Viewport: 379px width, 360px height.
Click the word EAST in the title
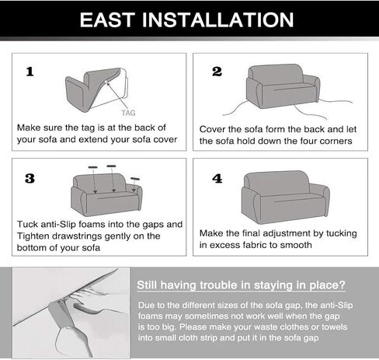pos(107,20)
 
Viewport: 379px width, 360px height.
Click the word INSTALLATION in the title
pos(218,20)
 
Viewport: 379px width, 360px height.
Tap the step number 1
pos(30,72)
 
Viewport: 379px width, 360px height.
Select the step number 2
pos(217,72)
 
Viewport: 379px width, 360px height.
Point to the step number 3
pos(30,179)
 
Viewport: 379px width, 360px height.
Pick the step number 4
pos(217,179)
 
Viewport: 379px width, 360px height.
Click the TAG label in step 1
pos(128,113)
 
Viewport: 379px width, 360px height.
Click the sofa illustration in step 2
pos(283,86)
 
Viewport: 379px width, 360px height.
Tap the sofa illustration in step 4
pos(286,197)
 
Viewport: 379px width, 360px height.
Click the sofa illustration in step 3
pos(106,195)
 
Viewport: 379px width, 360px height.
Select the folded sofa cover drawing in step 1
pos(96,89)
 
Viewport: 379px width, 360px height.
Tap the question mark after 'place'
pos(342,285)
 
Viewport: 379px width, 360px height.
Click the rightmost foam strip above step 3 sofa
pos(135,179)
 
